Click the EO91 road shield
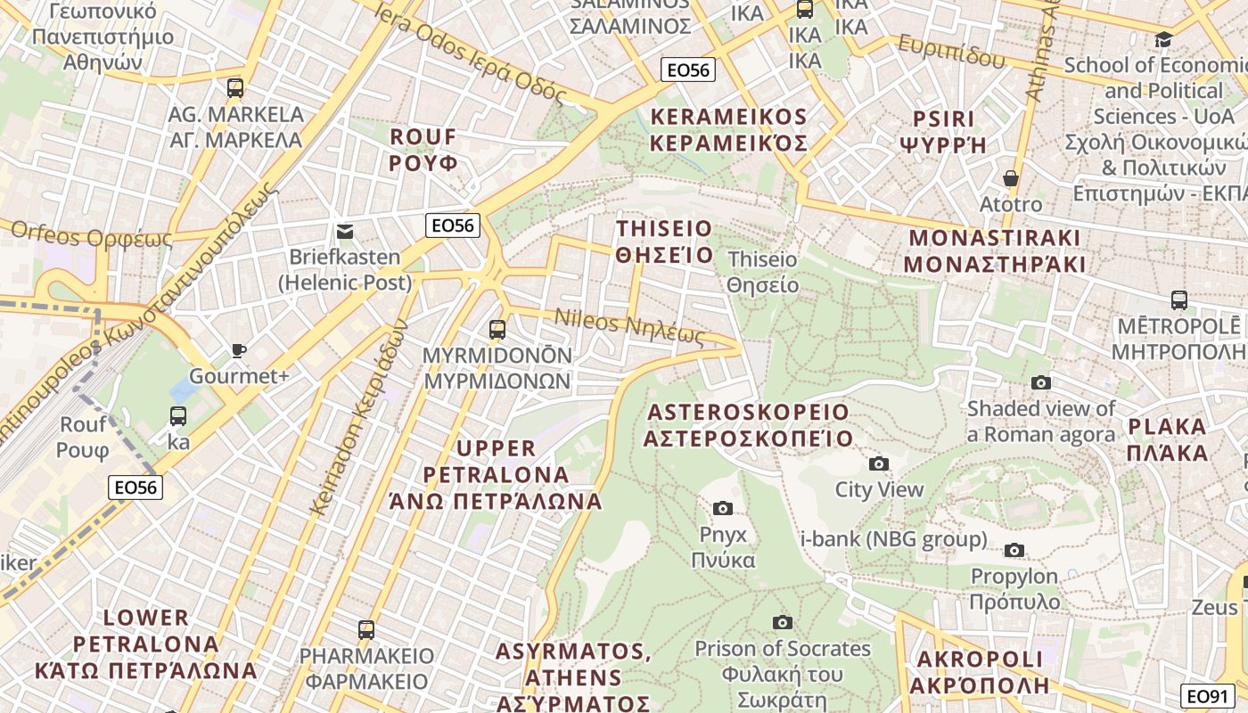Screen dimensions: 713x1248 point(1208,696)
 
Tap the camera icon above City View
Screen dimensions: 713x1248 point(879,463)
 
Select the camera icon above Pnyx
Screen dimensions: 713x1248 point(723,508)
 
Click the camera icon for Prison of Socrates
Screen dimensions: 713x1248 point(783,622)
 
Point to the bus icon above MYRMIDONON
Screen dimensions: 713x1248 point(497,330)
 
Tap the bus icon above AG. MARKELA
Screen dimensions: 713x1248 point(235,88)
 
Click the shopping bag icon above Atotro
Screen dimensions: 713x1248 point(1010,178)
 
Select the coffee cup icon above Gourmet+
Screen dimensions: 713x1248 point(238,350)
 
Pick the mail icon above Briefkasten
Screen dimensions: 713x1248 point(345,232)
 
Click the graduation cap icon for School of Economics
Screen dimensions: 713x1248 point(1163,39)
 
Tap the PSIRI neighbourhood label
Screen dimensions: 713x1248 point(944,131)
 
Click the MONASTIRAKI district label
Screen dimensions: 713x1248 point(994,251)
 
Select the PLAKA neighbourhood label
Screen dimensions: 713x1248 point(1166,439)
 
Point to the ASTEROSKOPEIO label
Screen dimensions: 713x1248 point(749,425)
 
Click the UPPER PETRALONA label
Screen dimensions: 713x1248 point(496,474)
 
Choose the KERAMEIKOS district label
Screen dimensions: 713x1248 point(728,130)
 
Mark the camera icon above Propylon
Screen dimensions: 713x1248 point(1014,550)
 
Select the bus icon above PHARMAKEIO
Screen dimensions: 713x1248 point(366,630)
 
